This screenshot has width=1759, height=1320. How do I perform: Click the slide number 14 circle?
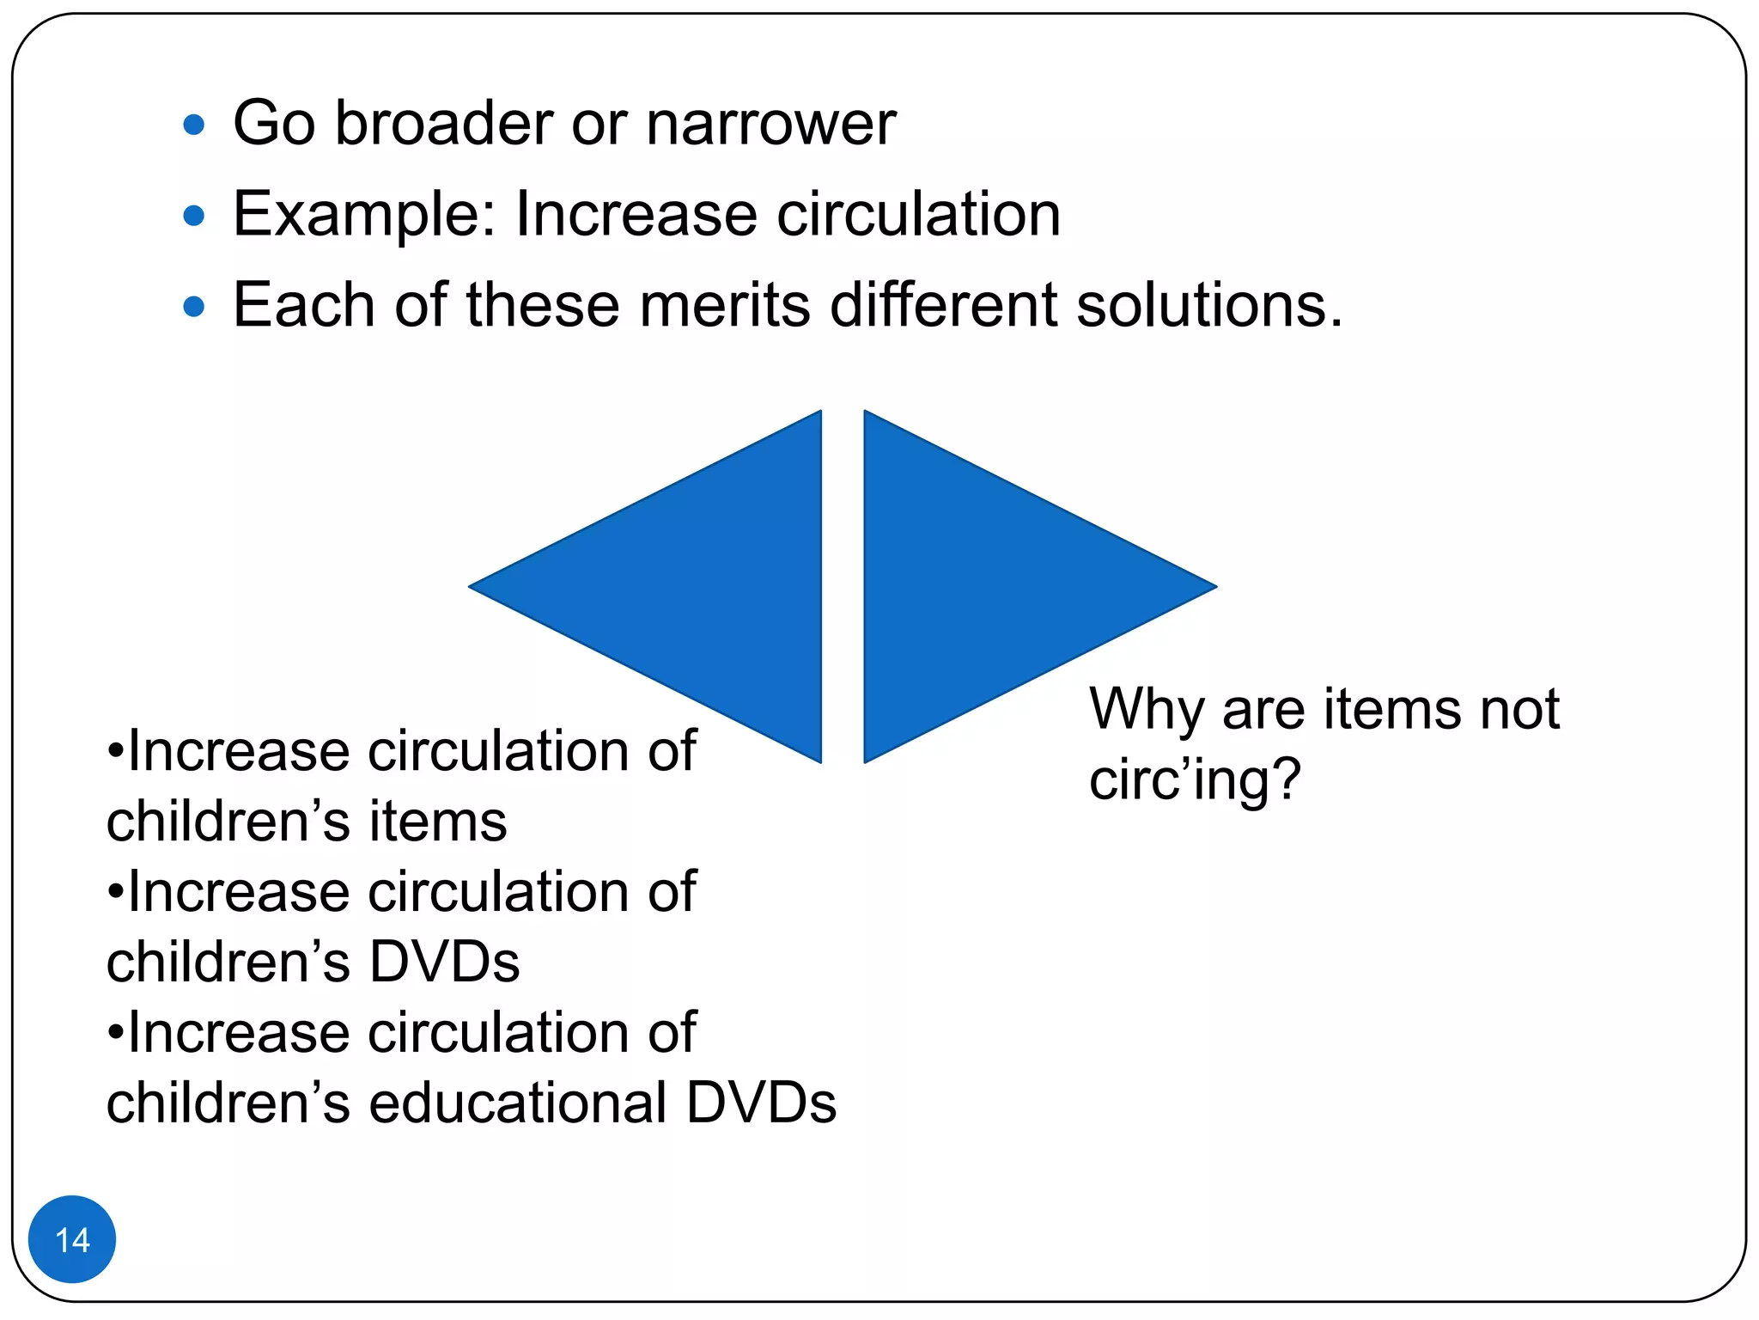[x=72, y=1239]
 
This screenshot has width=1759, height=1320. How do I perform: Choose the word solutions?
[x=1208, y=305]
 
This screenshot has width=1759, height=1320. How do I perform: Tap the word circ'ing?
[x=1195, y=780]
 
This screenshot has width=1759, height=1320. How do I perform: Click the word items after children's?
[x=438, y=822]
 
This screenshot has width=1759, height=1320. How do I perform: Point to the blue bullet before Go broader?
[x=194, y=125]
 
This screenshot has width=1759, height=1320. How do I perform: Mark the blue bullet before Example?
[x=194, y=216]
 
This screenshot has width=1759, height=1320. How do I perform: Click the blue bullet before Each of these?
[x=194, y=306]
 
